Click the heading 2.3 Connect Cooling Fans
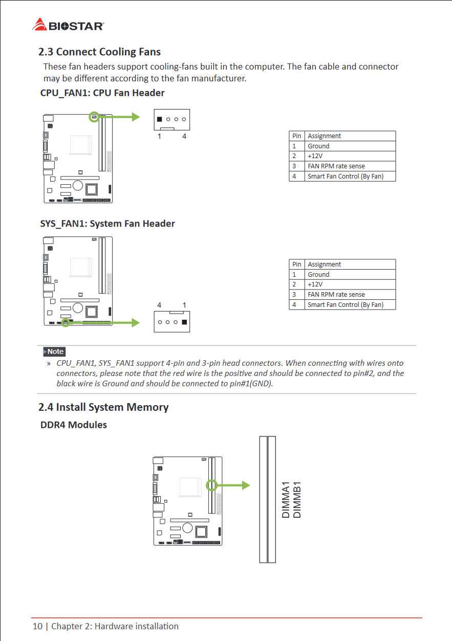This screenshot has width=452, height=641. point(99,52)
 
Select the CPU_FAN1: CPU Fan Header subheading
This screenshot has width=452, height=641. point(102,93)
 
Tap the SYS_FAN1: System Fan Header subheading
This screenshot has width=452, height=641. point(107,224)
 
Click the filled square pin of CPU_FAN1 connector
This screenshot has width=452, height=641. point(160,119)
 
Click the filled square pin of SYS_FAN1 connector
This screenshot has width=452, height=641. point(184,322)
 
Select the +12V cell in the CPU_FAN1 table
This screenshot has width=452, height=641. point(315,156)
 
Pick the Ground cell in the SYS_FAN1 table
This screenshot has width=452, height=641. point(318,274)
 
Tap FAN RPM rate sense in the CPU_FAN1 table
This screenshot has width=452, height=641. point(336,166)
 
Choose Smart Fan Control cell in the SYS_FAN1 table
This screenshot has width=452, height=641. point(345,305)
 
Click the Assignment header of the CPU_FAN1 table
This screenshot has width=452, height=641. point(324,136)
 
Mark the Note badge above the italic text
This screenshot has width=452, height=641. point(55,351)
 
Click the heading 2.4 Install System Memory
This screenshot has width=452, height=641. point(103,407)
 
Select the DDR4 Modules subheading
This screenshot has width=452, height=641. point(74,425)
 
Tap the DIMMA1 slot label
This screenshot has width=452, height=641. point(286,499)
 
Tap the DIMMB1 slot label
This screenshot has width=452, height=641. point(297,499)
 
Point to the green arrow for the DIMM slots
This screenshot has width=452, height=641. point(233,485)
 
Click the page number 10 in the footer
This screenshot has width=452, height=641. point(37,626)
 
